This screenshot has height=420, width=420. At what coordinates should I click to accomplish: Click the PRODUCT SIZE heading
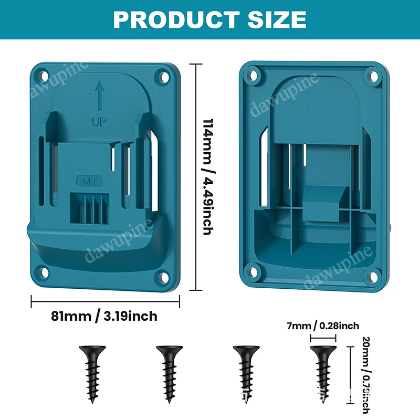pyautogui.click(x=210, y=19)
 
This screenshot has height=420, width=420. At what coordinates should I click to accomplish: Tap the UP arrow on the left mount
pyautogui.click(x=99, y=96)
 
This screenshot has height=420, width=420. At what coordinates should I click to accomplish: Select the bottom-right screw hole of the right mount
pyautogui.click(x=375, y=272)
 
